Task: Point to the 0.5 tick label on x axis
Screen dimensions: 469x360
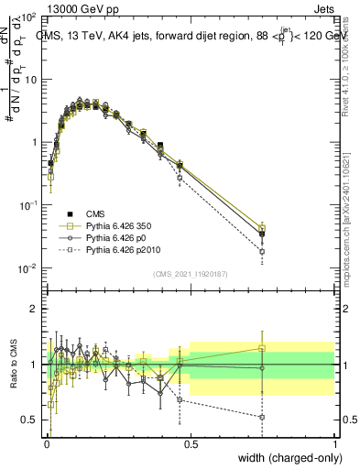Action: click(191, 444)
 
